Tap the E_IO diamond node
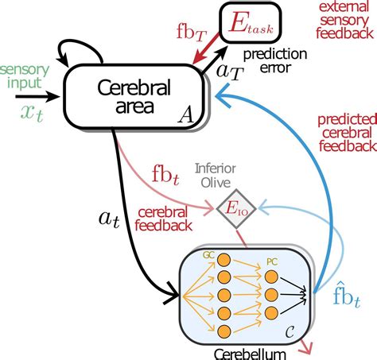pos(231,210)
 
